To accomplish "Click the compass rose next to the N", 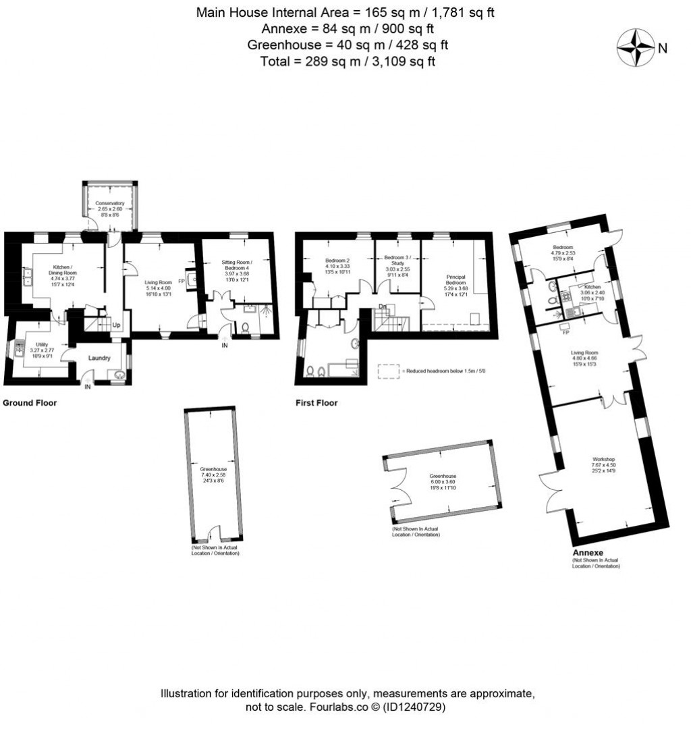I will click(636, 48).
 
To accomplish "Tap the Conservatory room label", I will click(109, 203).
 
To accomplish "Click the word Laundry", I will click(99, 358).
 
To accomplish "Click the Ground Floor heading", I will click(30, 403).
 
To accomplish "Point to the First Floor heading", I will click(316, 403).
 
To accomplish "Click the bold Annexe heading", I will click(587, 551).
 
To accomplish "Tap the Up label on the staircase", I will click(117, 325).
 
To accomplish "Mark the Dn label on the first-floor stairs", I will click(383, 307).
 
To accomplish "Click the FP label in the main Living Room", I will click(182, 281).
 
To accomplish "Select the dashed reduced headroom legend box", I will click(387, 370).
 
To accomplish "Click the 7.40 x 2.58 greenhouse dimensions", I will click(213, 475).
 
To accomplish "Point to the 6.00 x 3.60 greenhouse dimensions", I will click(443, 482).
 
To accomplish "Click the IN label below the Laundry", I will click(88, 387).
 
